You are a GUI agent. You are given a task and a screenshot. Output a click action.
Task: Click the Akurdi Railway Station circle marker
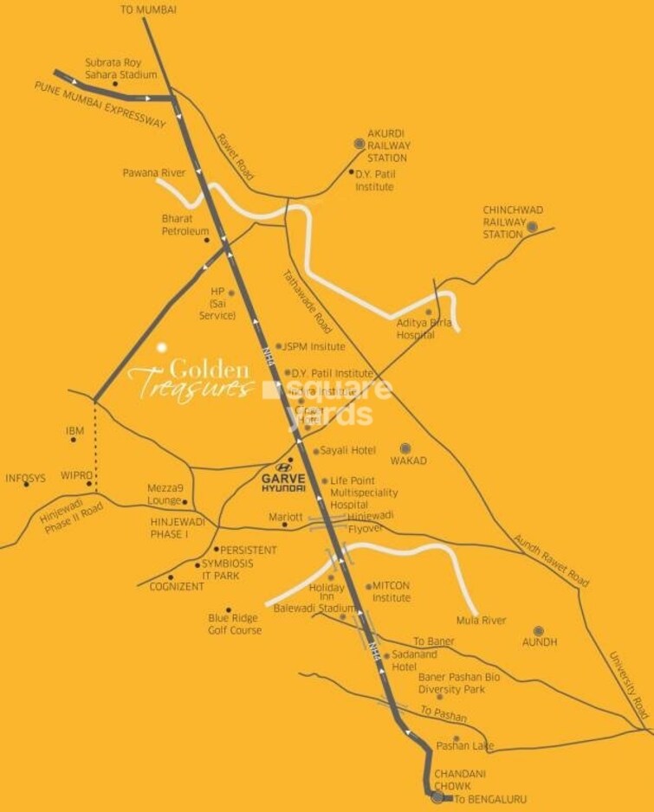pos(359,145)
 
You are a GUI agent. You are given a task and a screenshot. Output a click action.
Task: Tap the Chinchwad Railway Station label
pos(505,222)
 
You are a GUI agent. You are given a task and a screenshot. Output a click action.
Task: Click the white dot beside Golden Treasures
pos(160,348)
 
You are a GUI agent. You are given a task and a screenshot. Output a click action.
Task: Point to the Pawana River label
pos(153,174)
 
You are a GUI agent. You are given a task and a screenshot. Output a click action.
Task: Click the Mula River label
pos(481,621)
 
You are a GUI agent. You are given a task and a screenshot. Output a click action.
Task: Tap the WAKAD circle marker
pos(405,448)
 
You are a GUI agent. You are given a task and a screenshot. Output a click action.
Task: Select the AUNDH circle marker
pos(538,630)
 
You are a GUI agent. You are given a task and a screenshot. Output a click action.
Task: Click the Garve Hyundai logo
pos(284,478)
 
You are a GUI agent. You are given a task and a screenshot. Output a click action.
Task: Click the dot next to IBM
pos(74,440)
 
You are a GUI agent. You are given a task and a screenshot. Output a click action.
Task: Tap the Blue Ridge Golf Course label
pos(234,624)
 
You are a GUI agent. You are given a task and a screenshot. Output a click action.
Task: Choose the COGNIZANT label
pos(176,586)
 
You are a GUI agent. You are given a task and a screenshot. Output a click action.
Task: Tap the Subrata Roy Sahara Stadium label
pos(121,68)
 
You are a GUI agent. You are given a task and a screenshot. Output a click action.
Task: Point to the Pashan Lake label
pos(465,745)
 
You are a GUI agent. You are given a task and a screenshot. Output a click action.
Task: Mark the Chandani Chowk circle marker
pos(437,796)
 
